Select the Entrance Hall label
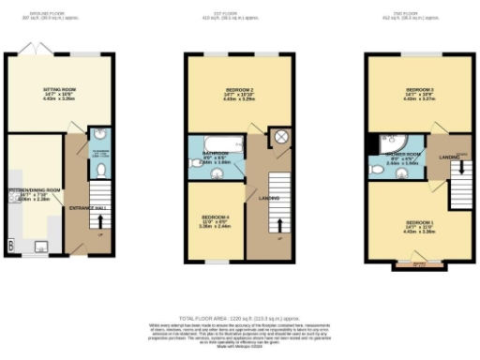(89, 206)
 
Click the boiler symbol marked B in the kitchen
(10, 246)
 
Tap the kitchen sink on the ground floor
(39, 247)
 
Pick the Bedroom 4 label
(214, 220)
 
